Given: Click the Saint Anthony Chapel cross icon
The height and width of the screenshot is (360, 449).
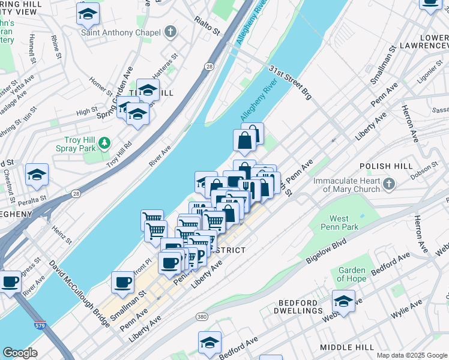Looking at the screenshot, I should [171, 31].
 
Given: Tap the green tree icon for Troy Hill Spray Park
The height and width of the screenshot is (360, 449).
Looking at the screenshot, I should [105, 143].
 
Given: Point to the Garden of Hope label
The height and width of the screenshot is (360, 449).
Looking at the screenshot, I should [352, 274].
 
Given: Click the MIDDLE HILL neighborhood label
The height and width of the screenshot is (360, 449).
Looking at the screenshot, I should [347, 347].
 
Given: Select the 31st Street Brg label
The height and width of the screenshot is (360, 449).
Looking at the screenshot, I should [291, 82].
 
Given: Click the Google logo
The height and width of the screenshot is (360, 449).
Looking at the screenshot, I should [20, 353].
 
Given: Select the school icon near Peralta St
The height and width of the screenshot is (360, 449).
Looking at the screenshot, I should [37, 175].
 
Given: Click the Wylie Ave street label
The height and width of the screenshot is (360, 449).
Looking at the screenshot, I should [406, 311].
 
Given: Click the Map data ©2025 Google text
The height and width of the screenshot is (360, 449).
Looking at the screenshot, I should [411, 355].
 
